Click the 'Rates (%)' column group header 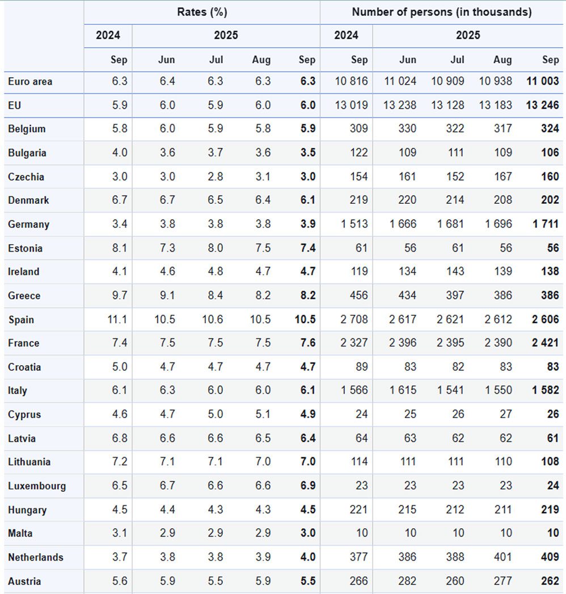point(202,12)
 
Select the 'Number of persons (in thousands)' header point(442,12)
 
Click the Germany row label point(28,224)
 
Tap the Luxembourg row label point(37,486)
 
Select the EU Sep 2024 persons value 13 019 point(351,105)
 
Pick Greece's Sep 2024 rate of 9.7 point(119,296)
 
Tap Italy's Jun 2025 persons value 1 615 point(403,391)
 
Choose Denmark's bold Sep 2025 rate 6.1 point(307,200)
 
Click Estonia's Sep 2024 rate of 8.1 point(119,248)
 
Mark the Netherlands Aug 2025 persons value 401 point(502,557)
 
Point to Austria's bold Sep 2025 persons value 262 point(550,581)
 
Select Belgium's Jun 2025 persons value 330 point(407,129)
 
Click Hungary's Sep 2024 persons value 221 point(358,510)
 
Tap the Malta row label point(20,533)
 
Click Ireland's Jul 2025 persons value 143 point(455,272)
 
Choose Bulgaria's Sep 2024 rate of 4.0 point(119,153)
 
